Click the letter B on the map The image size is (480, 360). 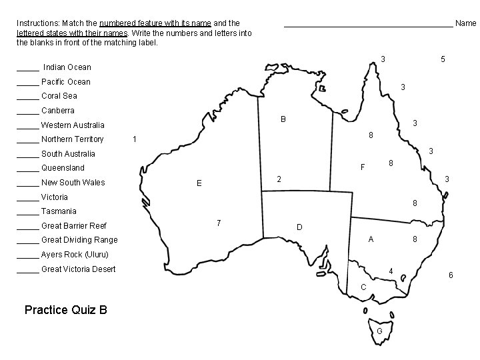click(x=283, y=120)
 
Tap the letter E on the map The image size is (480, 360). click(x=199, y=183)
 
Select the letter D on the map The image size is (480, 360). click(x=299, y=228)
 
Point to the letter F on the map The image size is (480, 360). click(x=363, y=167)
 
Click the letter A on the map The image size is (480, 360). click(x=371, y=239)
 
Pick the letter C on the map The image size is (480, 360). click(x=363, y=287)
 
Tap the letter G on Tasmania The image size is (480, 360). click(x=379, y=331)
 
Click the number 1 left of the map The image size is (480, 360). click(x=135, y=139)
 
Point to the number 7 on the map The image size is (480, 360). click(x=219, y=222)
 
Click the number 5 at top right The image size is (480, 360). click(x=443, y=59)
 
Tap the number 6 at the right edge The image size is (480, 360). click(x=451, y=275)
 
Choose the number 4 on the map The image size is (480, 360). click(x=391, y=270)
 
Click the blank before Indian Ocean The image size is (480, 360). click(x=27, y=67)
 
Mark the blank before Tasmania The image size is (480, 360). click(x=27, y=211)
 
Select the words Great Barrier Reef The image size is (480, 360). click(x=73, y=226)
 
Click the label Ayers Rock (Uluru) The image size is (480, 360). click(x=74, y=255)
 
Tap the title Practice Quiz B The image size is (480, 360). click(x=65, y=310)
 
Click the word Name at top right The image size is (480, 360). click(x=465, y=23)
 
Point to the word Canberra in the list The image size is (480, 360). click(x=58, y=111)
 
